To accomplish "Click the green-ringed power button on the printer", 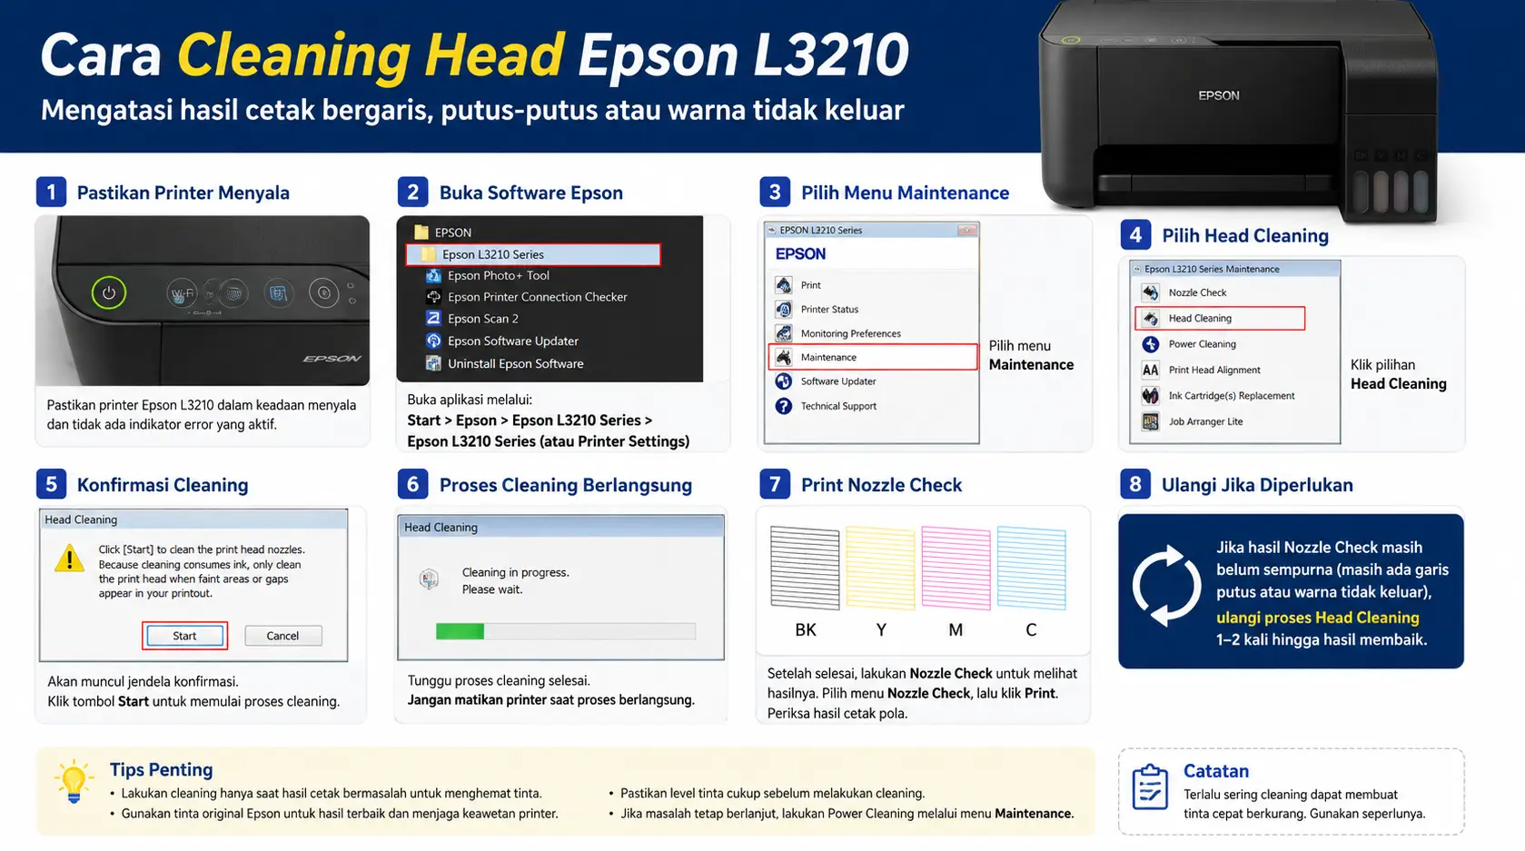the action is pos(108,293).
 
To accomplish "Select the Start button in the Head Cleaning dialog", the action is pos(184,635).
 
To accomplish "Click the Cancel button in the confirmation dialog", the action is pos(282,635).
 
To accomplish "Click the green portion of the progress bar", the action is pos(460,631).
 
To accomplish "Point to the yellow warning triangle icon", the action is pos(69,559).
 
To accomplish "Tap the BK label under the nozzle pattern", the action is pos(806,629).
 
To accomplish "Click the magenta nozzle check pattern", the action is pos(956,568).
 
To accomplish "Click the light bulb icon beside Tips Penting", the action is pos(74,782).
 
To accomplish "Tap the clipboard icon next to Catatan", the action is pos(1150,787).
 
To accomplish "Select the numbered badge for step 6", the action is pos(412,484).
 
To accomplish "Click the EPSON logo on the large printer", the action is pos(1219,95).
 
